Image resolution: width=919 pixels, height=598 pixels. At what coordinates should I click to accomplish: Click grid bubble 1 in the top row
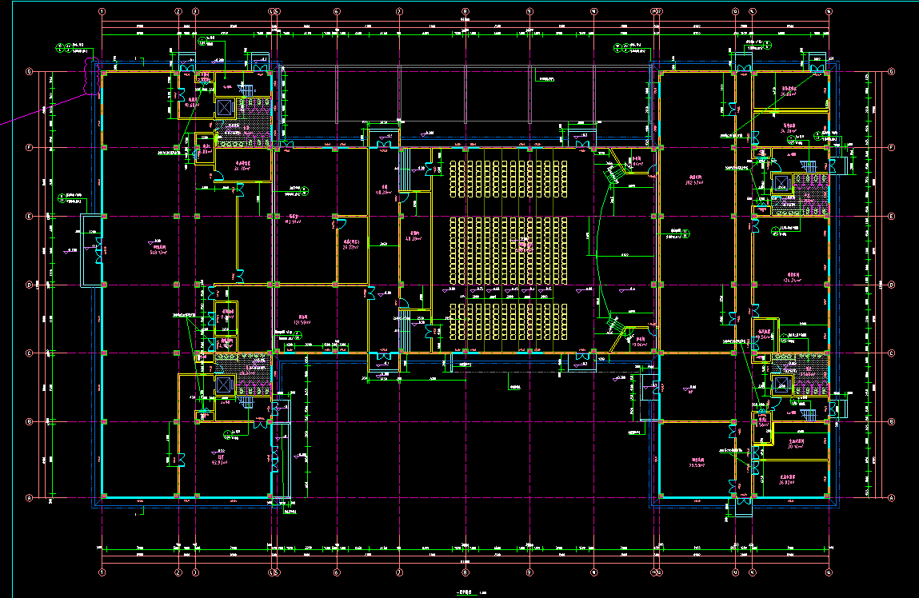coord(102,12)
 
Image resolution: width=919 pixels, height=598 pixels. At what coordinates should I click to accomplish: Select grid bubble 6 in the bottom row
coord(337,572)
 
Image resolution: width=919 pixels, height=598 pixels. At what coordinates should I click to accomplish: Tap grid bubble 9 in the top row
coord(529,12)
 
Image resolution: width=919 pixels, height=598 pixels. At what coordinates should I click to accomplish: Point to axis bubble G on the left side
coord(30,72)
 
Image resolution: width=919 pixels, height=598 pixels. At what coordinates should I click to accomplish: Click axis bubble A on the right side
coord(890,497)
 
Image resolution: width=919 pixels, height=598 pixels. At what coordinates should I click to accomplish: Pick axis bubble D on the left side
coord(30,285)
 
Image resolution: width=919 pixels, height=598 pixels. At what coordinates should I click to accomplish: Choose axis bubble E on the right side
coord(890,217)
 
